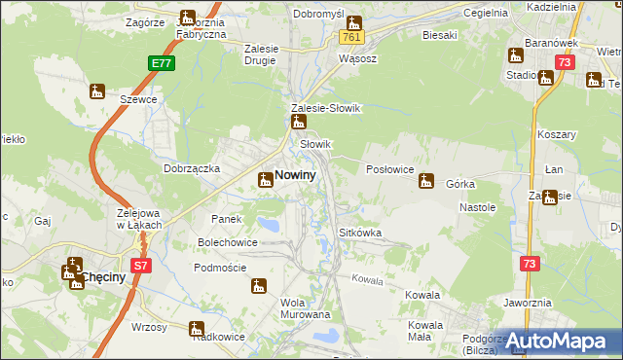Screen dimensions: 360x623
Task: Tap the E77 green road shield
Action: click(x=163, y=63)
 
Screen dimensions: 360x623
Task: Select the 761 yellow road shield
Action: click(x=351, y=37)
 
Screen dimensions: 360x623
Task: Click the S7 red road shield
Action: click(x=142, y=265)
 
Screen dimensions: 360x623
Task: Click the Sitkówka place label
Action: click(x=359, y=234)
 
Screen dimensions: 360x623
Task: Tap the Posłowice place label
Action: click(x=388, y=168)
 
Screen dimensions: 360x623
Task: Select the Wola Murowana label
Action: click(x=305, y=308)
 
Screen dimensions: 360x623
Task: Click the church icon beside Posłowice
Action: click(x=425, y=180)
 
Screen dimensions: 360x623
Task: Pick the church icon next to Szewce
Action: click(x=96, y=92)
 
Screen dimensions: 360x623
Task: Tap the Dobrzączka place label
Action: click(x=190, y=168)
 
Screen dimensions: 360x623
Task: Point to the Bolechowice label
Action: click(x=228, y=241)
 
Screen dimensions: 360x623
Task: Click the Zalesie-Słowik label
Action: click(x=326, y=108)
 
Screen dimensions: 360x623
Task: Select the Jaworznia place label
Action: click(x=529, y=303)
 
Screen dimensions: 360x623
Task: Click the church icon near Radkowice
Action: click(x=197, y=328)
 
